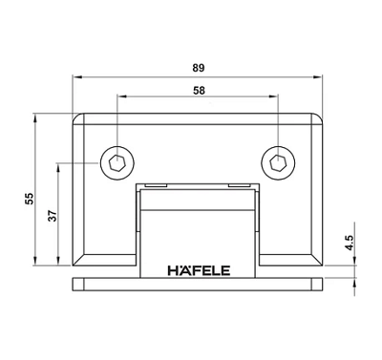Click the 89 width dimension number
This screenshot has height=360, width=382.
point(199,68)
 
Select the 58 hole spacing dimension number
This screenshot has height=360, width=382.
point(199,91)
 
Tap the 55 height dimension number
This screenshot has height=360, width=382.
point(30,199)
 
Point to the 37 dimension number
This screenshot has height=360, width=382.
point(53,216)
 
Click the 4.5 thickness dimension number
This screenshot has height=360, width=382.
point(350,243)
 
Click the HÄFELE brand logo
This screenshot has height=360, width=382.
point(199,270)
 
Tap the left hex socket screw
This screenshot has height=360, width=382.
point(117,163)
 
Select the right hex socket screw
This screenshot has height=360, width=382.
point(278,163)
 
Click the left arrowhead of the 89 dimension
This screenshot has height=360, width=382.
point(77,76)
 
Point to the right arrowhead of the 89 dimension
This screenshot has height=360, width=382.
point(317,76)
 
